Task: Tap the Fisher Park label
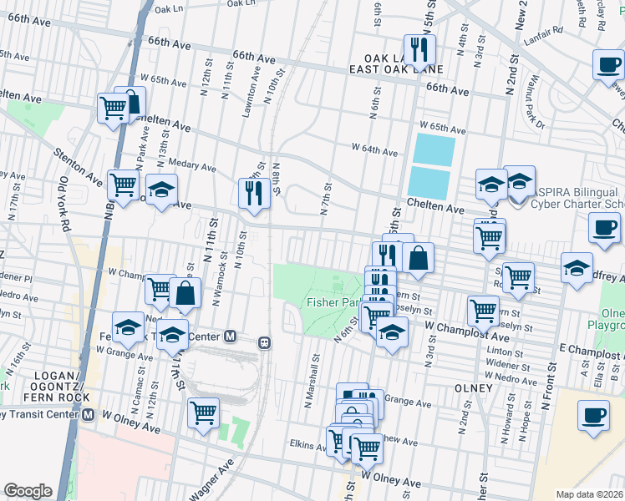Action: coord(334,302)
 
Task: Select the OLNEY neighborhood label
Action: coord(453,388)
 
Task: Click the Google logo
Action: coord(28,491)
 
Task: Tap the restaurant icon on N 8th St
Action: coord(252,192)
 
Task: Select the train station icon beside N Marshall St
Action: coord(263,341)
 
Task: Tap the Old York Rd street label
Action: coord(65,201)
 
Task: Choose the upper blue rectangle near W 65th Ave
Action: coord(434,149)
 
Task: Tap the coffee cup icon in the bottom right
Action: coord(595,414)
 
